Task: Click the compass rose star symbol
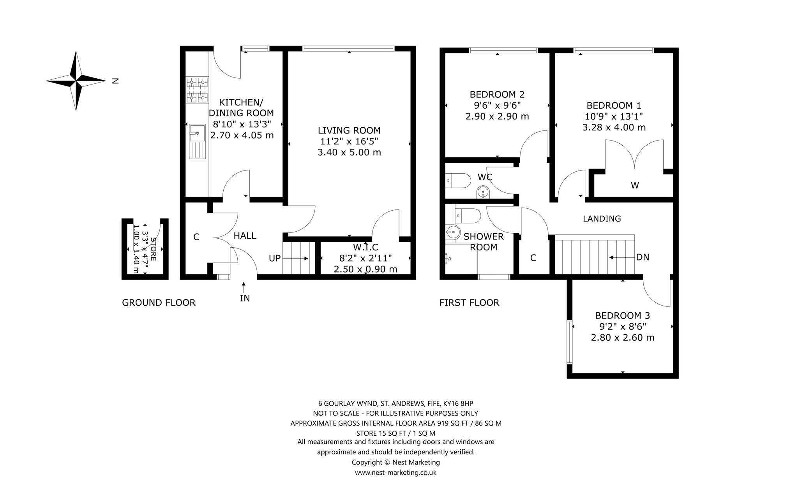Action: click(76, 81)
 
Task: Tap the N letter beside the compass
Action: click(115, 81)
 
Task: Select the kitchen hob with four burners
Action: click(197, 90)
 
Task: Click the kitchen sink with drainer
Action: click(197, 141)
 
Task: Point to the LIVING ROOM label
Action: click(349, 130)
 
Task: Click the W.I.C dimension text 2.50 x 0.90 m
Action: click(365, 269)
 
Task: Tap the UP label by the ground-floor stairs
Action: click(275, 258)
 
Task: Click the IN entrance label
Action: click(245, 299)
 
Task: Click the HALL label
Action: click(245, 236)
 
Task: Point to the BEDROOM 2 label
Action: click(497, 95)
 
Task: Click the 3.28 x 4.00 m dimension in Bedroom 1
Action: click(614, 127)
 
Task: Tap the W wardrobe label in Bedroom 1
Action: click(635, 185)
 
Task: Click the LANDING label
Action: click(602, 219)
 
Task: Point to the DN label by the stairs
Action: click(643, 257)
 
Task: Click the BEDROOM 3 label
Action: click(622, 316)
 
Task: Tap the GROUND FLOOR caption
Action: click(159, 303)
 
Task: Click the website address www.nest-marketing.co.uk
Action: click(395, 473)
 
